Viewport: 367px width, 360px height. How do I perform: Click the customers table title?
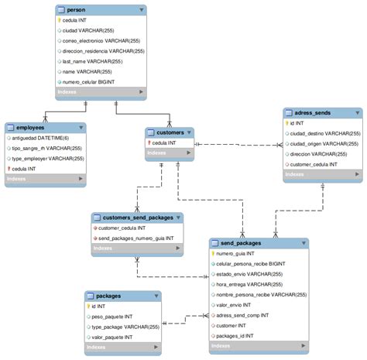(x=170, y=132)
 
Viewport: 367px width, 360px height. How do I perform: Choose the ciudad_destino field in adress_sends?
(x=324, y=132)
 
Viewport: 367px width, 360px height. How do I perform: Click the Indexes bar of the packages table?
(x=122, y=349)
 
